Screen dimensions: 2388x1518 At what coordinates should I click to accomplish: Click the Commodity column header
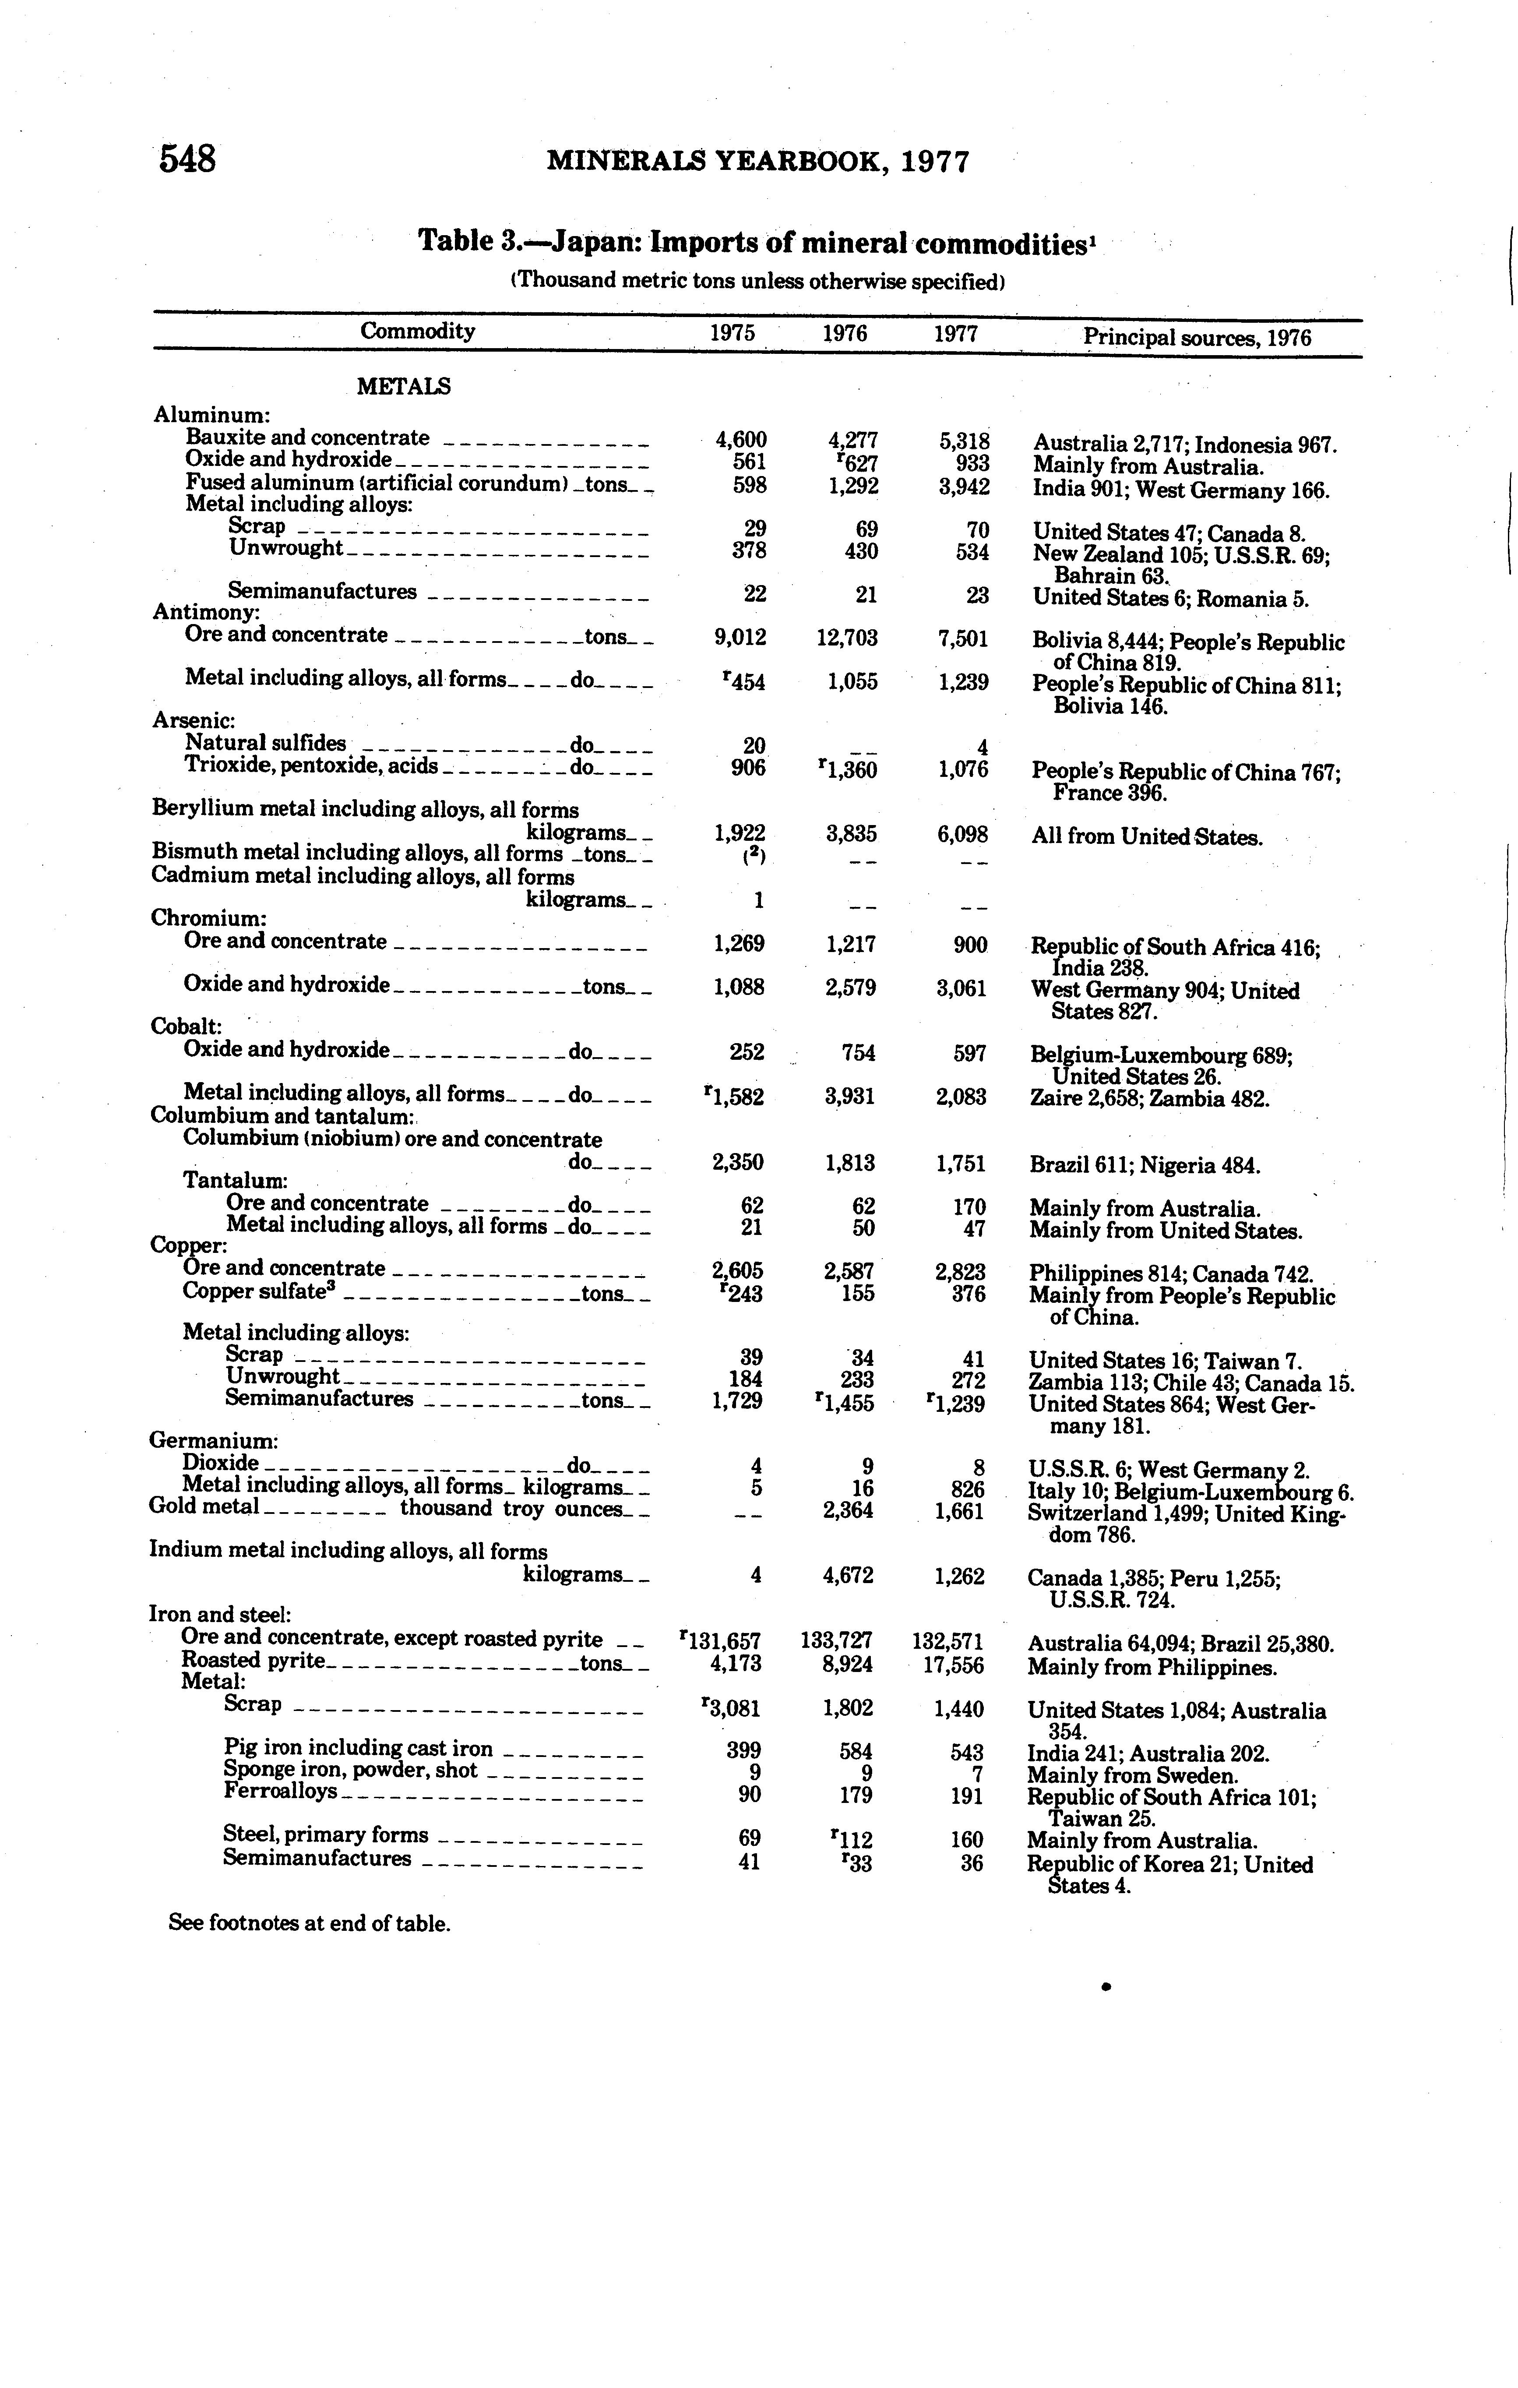[x=417, y=331]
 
